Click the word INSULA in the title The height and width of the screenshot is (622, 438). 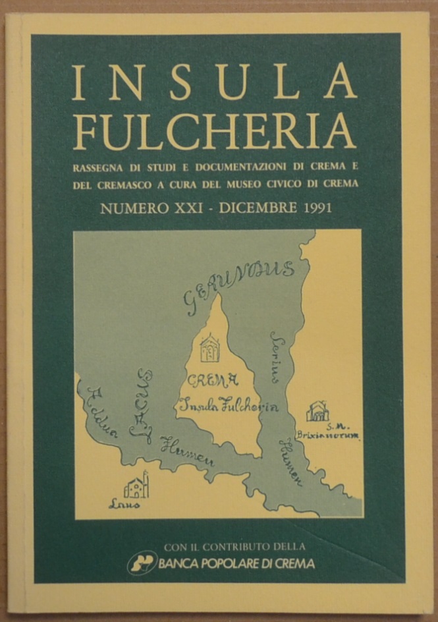click(x=214, y=84)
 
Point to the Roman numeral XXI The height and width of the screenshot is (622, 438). click(x=185, y=209)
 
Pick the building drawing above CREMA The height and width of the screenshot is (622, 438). click(x=210, y=347)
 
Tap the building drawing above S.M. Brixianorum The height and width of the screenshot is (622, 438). click(x=317, y=411)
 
